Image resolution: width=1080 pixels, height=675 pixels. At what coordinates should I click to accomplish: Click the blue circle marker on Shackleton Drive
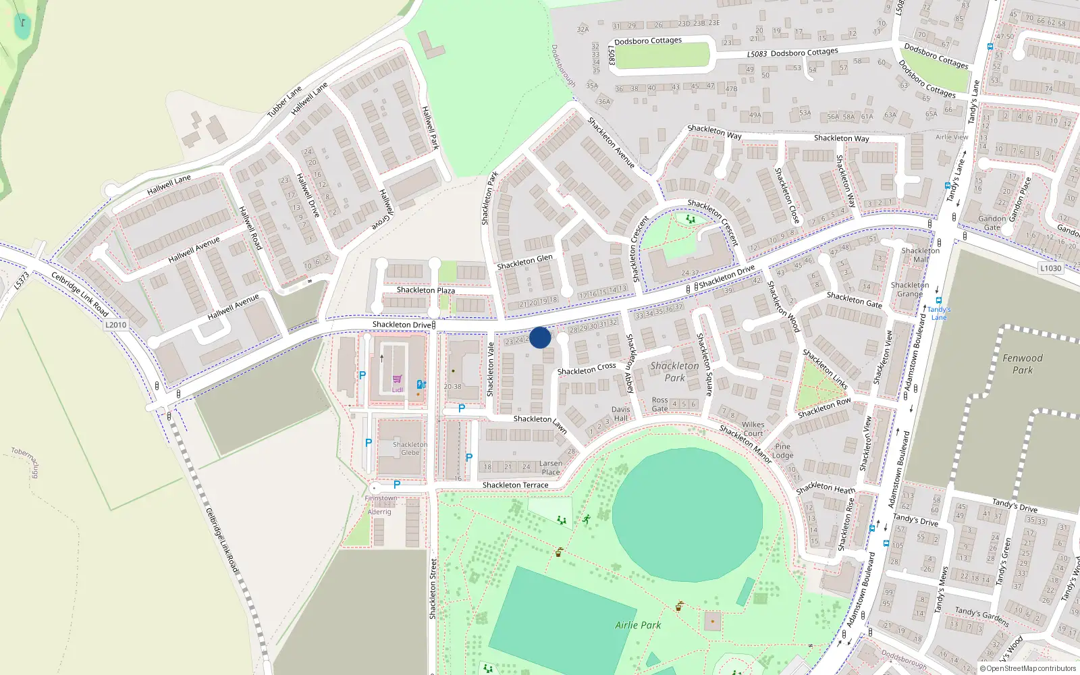[540, 337]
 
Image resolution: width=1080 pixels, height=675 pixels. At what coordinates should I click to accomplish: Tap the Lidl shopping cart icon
[397, 379]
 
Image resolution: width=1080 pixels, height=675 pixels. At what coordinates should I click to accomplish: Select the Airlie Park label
[638, 625]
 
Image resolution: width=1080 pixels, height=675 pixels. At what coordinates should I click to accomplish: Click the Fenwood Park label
[1022, 364]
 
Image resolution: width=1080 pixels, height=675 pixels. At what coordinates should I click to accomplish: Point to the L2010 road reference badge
[116, 325]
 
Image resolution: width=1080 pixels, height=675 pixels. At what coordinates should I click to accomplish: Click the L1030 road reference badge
[1050, 268]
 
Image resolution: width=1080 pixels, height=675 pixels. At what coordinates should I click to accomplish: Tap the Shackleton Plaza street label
[425, 290]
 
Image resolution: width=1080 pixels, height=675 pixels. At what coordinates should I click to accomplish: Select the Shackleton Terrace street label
[515, 485]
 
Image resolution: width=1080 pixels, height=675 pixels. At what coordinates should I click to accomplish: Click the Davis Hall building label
[620, 414]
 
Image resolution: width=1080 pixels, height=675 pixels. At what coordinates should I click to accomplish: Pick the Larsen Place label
[551, 468]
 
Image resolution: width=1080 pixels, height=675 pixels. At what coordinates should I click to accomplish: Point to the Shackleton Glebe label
[410, 449]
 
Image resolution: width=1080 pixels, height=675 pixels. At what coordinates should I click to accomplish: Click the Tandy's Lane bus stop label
[939, 313]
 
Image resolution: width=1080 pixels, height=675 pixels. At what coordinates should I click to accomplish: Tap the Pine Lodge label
[782, 451]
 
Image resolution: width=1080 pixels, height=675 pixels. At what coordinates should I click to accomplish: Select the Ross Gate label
[659, 404]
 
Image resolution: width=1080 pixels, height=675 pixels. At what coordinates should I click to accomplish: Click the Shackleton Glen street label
[524, 262]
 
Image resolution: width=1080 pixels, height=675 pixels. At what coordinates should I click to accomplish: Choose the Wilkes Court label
[753, 429]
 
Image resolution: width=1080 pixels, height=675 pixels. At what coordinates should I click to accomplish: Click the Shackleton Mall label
[920, 255]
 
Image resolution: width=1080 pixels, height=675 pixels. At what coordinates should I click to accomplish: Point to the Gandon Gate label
[992, 223]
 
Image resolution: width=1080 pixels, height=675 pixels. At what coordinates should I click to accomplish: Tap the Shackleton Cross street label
[587, 369]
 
